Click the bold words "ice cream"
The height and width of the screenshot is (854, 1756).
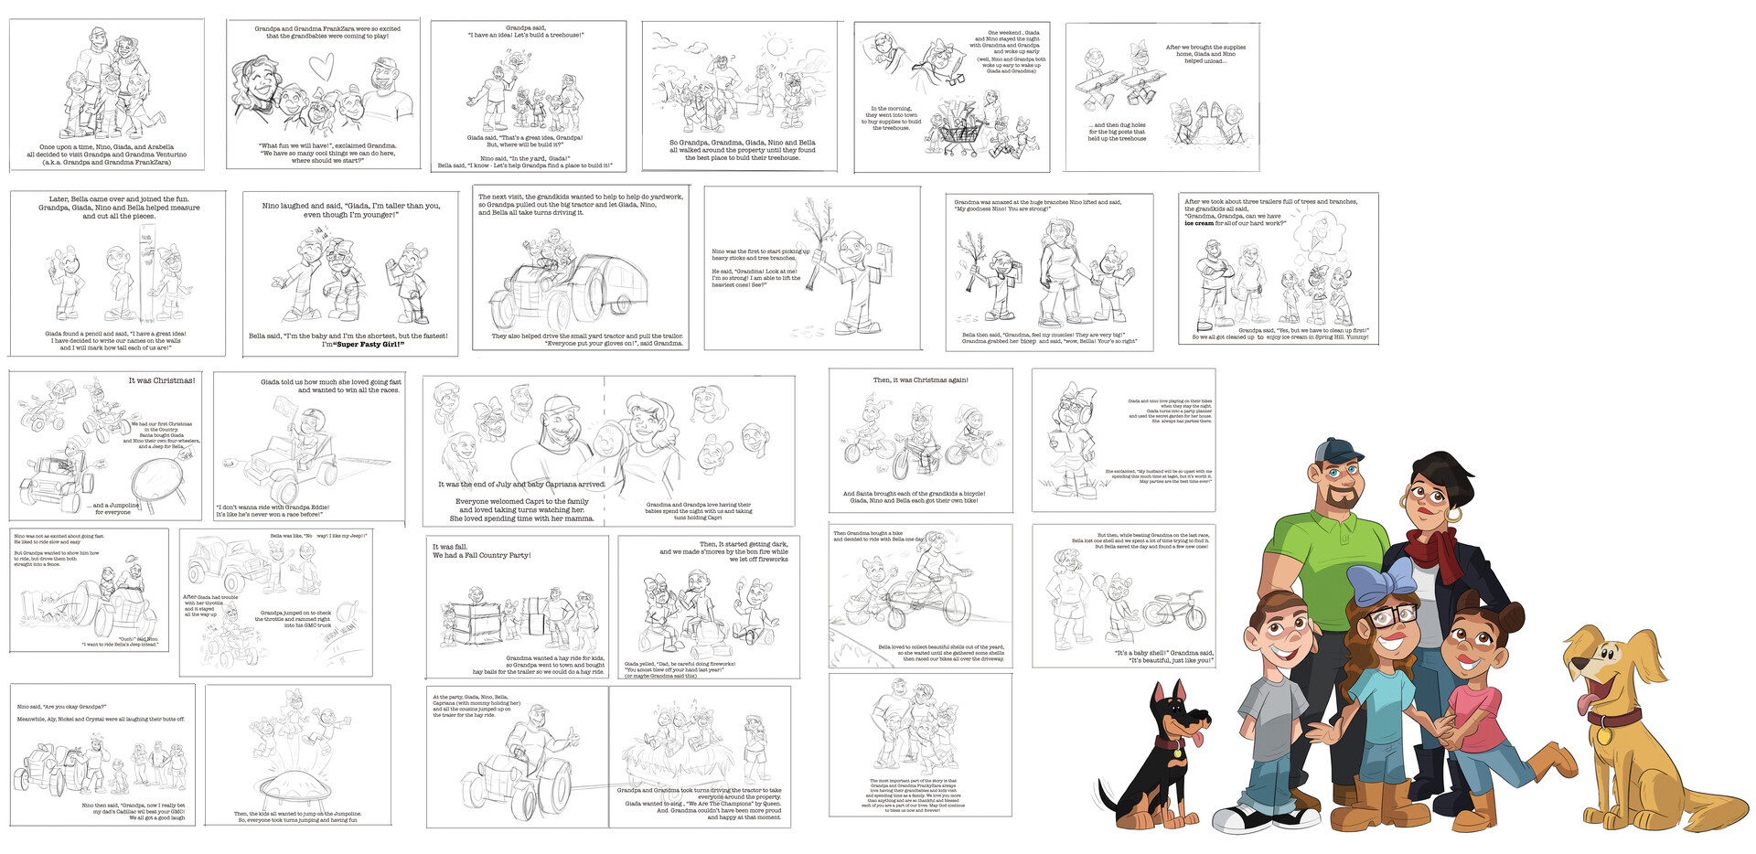pyautogui.click(x=1201, y=223)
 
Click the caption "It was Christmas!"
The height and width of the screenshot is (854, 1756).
pyautogui.click(x=161, y=380)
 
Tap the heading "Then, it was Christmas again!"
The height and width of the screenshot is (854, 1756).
pyautogui.click(x=920, y=379)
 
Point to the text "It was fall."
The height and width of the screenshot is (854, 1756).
pyautogui.click(x=450, y=546)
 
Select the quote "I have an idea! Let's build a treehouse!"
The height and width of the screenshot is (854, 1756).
pyautogui.click(x=526, y=35)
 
